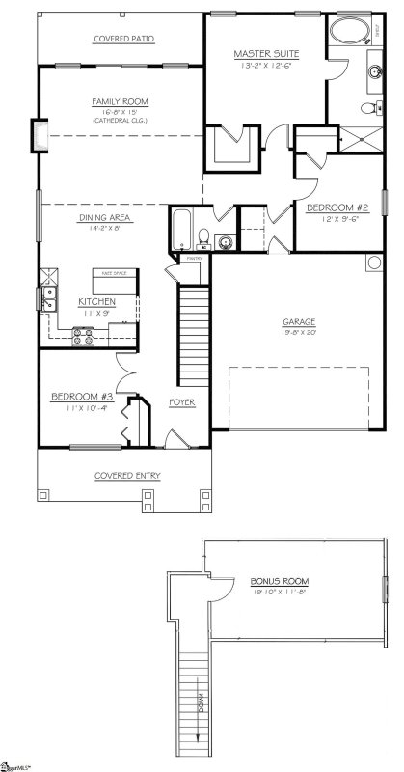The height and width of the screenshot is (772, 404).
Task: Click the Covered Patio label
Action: [123, 39]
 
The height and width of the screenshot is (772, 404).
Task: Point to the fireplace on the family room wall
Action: [40, 135]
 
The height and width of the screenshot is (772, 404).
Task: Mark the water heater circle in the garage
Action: [373, 262]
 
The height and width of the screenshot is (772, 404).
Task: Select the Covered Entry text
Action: [126, 476]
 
